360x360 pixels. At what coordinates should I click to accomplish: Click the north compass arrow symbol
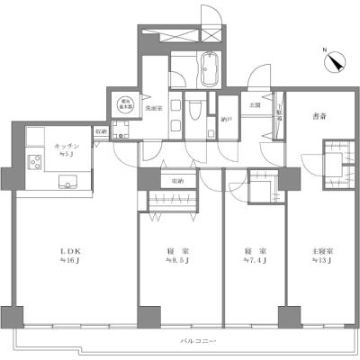(x=334, y=61)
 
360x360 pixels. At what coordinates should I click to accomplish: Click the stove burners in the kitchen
(x=38, y=165)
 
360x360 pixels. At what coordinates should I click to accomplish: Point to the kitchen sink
(x=70, y=184)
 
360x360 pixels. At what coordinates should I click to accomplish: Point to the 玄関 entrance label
(x=255, y=105)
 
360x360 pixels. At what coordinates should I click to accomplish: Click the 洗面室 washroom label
(x=153, y=107)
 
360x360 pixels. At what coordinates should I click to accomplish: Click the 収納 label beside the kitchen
(x=104, y=130)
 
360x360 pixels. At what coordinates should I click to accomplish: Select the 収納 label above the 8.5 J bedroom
(x=176, y=181)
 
